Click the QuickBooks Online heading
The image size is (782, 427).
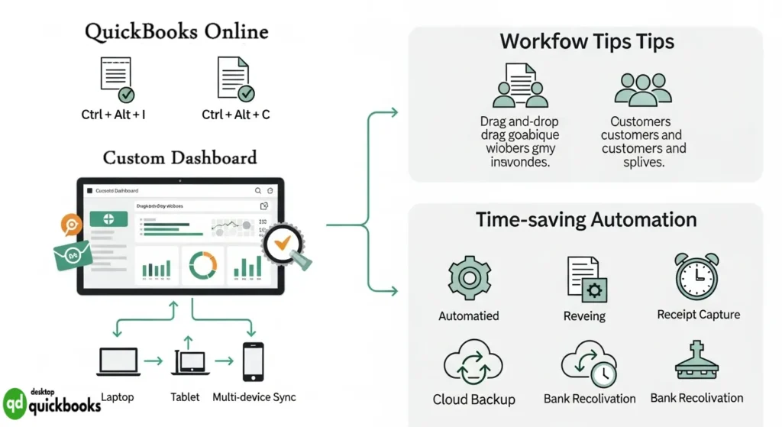[x=176, y=32]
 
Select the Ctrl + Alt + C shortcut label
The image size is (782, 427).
[x=236, y=115]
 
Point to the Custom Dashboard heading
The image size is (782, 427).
[x=180, y=158]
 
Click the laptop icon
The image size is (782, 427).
[x=118, y=362]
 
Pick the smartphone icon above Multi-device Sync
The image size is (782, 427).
[x=253, y=362]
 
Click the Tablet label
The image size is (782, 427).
[x=185, y=397]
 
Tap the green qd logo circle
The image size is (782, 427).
[x=15, y=402]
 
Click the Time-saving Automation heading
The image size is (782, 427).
[x=586, y=220]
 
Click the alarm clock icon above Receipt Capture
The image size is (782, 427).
[x=696, y=276]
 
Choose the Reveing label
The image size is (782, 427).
[x=584, y=316]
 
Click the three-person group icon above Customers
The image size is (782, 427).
[x=643, y=89]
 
